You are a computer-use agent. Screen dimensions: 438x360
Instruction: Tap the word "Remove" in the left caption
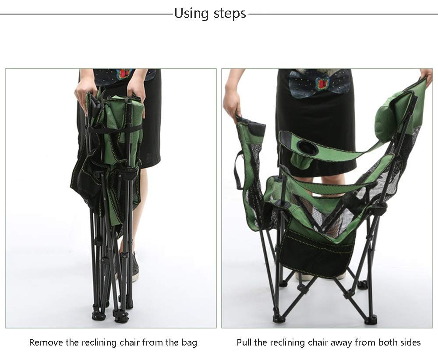[46, 342]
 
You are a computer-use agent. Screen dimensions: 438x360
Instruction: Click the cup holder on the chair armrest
[307, 146]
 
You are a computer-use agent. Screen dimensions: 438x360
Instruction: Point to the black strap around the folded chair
[114, 129]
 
